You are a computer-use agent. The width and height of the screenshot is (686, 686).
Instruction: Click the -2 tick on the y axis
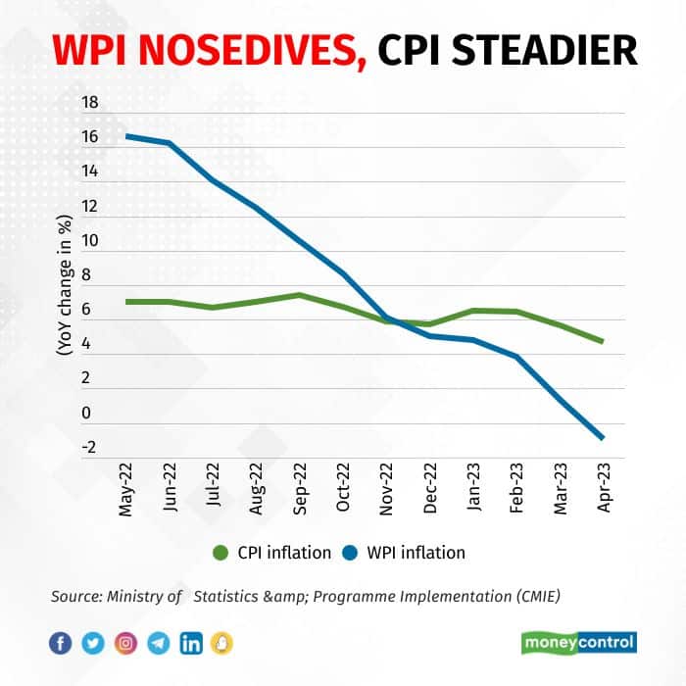coord(88,448)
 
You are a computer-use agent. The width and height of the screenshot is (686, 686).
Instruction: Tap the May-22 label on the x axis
coord(127,489)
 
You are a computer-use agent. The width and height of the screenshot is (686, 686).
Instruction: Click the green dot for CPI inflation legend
coord(220,553)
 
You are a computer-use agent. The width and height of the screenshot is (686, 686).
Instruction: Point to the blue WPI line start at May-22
coord(127,135)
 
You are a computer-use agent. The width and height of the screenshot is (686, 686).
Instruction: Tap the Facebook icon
coord(61,643)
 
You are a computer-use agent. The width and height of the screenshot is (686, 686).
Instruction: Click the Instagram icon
coord(126,643)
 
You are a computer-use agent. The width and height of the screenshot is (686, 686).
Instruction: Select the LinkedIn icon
coord(192,643)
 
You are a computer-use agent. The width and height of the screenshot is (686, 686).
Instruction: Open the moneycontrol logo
coord(578,643)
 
